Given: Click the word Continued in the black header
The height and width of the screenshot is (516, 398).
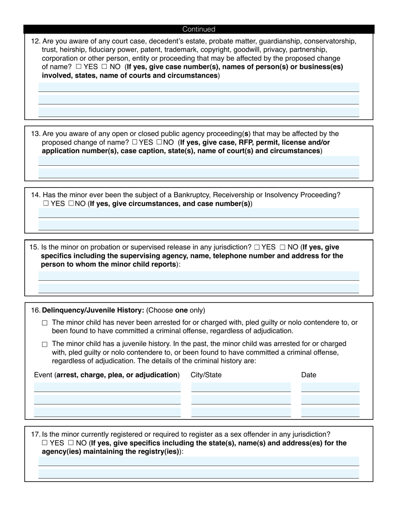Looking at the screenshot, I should (x=199, y=29).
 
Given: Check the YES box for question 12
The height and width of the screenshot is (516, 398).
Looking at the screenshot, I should (x=79, y=67).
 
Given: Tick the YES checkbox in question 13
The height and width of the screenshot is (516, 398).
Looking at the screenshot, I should (x=134, y=142).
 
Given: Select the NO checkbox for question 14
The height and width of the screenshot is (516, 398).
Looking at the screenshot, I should (x=71, y=203).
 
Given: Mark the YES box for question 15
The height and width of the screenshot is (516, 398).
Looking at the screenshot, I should (x=257, y=248).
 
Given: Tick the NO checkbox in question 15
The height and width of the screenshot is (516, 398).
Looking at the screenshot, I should (x=283, y=248).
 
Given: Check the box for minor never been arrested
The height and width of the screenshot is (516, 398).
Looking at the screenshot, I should (x=45, y=323).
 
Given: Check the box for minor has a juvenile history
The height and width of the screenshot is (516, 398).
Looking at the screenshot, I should (x=45, y=344).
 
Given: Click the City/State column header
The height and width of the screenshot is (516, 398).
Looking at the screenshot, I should (x=206, y=375).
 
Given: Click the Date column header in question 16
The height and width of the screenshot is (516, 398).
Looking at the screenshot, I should (x=308, y=375).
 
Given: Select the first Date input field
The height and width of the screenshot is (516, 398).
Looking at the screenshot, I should (x=330, y=387).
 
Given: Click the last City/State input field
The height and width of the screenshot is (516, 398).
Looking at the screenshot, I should (x=241, y=412).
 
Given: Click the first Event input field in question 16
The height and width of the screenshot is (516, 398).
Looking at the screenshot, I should (x=107, y=387).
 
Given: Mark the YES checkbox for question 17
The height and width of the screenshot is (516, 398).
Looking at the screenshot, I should (x=45, y=443).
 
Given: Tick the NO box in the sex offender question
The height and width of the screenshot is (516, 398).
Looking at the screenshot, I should (x=71, y=443).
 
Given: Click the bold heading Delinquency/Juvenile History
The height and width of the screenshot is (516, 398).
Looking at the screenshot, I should (x=93, y=310).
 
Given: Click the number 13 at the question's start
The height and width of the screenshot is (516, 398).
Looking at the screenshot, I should (x=35, y=134).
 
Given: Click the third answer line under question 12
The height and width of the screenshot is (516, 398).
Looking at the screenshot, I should (x=199, y=112).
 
